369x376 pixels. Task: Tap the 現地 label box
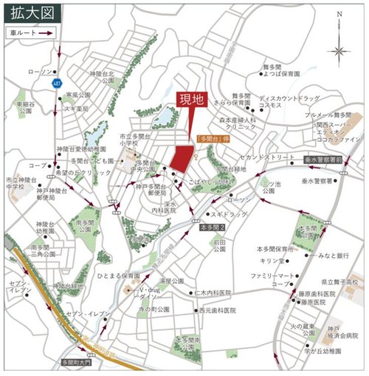coord(190,99)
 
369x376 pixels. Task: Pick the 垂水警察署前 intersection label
coord(325,159)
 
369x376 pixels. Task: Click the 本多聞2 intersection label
coord(210,228)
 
